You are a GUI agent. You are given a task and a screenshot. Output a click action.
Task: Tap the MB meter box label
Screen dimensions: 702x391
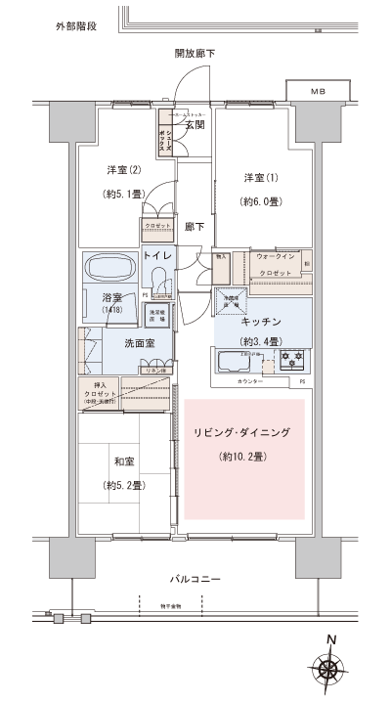click(x=318, y=91)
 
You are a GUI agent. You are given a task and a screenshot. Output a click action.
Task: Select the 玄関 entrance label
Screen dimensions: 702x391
click(x=194, y=123)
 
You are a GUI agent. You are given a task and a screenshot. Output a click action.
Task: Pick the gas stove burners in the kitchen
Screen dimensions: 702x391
click(x=292, y=360)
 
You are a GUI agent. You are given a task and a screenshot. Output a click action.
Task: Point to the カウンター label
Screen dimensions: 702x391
click(x=250, y=381)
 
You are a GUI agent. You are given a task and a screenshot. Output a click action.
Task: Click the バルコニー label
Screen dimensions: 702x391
click(x=195, y=580)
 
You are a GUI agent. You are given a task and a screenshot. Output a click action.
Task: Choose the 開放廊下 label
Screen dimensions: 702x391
click(x=195, y=53)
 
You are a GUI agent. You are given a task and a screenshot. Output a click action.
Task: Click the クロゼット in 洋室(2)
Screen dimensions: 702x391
click(x=156, y=227)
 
